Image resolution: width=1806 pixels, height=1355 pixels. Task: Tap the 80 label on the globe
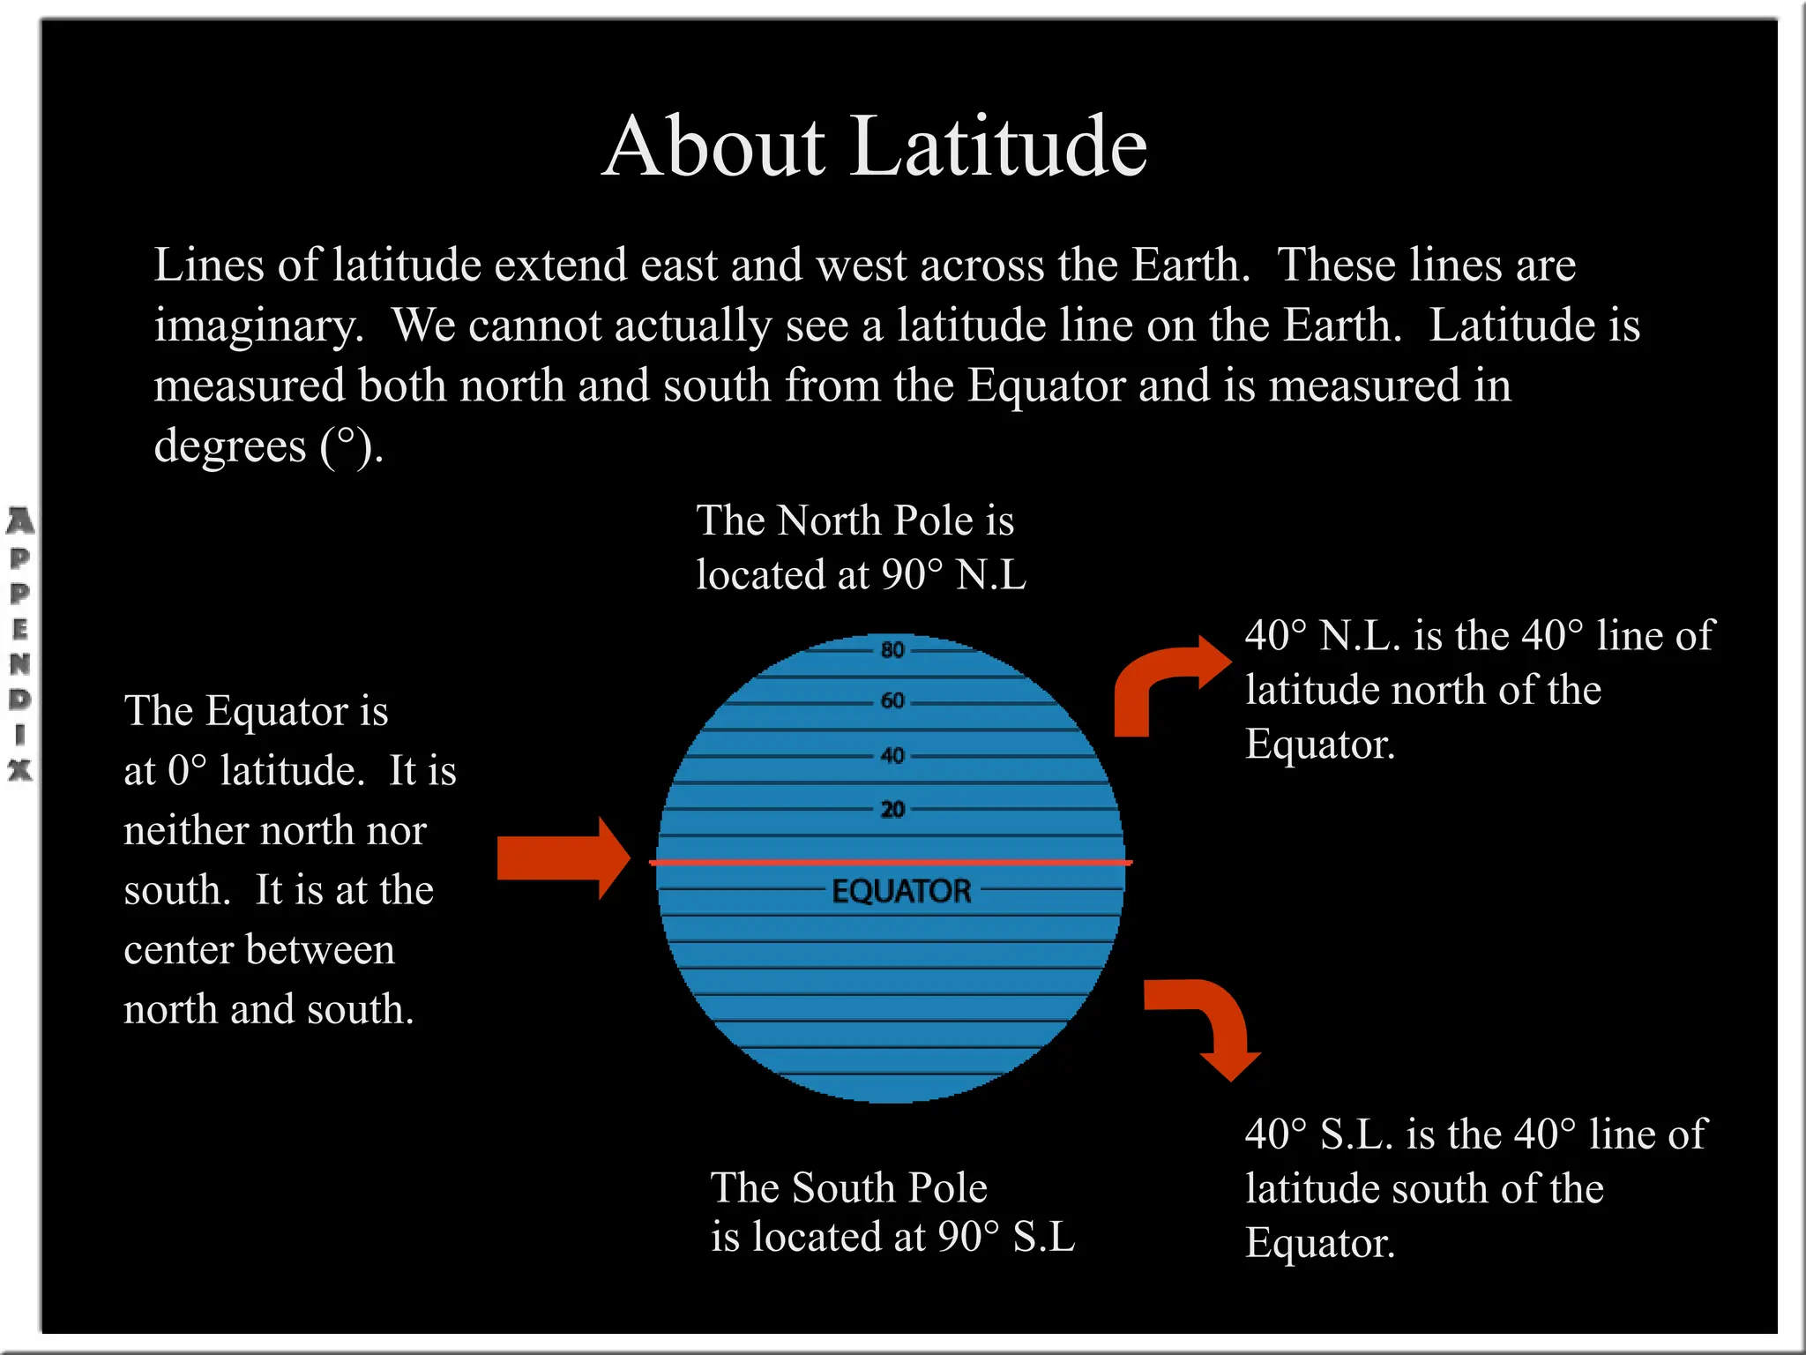[892, 650]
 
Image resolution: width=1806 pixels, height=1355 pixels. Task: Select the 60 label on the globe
[892, 701]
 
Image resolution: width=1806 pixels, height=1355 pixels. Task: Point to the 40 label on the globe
[892, 756]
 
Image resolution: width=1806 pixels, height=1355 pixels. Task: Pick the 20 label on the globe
[892, 809]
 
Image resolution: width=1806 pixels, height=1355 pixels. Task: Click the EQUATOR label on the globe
[901, 891]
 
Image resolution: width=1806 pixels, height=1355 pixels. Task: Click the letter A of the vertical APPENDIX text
[19, 521]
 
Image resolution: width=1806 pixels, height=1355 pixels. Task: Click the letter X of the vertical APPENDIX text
[19, 770]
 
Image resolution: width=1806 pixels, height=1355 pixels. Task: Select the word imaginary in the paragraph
[258, 326]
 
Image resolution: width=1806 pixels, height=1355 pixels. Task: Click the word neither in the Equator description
[185, 831]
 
